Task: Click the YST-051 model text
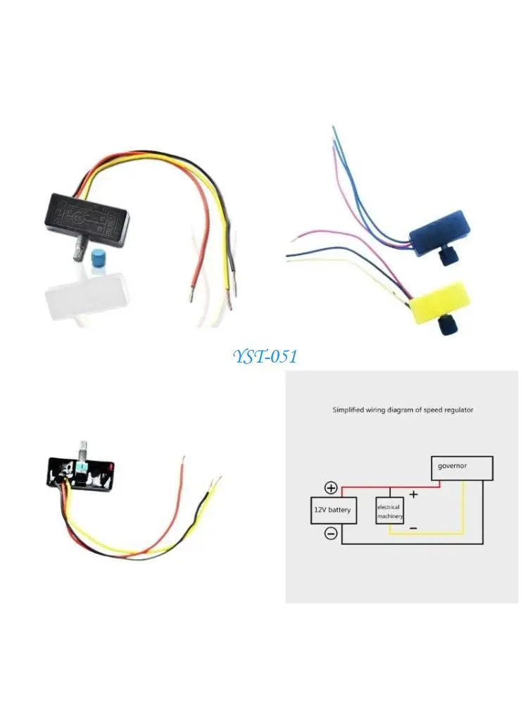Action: [x=265, y=357]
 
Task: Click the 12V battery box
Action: [x=334, y=510]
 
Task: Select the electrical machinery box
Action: [x=389, y=512]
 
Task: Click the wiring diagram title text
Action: [x=403, y=410]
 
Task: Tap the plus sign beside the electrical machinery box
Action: [x=413, y=494]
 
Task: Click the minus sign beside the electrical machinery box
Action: [x=413, y=527]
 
